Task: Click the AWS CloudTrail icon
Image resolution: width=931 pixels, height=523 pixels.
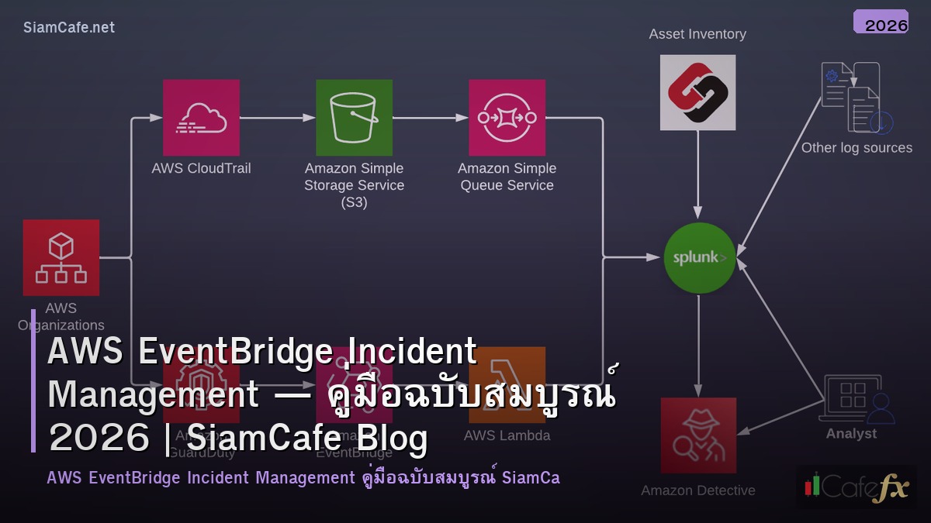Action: (201, 118)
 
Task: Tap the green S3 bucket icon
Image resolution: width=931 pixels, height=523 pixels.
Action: (354, 118)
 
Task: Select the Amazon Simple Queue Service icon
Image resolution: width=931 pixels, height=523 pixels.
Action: (507, 118)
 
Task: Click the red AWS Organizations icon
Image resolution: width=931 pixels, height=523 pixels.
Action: (61, 257)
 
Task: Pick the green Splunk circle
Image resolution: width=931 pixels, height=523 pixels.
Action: (699, 258)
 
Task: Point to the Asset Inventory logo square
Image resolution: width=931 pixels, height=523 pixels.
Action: (697, 92)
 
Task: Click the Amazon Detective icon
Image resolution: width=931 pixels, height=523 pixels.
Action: (698, 435)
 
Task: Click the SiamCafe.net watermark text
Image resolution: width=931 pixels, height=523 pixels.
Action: (69, 28)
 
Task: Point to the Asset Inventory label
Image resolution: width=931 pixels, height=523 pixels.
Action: (697, 34)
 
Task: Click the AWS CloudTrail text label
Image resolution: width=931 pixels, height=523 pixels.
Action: (201, 168)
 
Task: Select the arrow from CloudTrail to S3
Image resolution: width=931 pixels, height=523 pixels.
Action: (278, 118)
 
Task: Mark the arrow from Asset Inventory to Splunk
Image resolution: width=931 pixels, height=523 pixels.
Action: (698, 174)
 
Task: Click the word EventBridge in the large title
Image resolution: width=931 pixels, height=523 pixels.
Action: (229, 353)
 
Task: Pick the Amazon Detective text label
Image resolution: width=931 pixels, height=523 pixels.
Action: (698, 490)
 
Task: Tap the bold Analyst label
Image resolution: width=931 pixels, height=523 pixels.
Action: (851, 434)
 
